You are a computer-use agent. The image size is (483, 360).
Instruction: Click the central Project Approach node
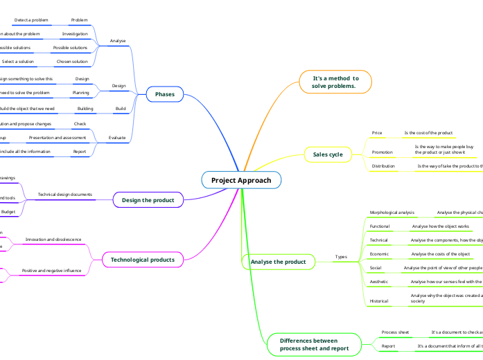241,180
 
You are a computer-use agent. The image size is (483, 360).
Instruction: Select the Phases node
165,94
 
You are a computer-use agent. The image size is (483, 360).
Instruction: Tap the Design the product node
148,200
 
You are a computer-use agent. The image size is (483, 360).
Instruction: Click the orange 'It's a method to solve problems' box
335,82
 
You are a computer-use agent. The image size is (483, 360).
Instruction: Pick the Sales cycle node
328,154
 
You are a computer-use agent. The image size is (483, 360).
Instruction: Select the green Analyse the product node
278,262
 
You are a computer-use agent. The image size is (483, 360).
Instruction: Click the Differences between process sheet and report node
314,345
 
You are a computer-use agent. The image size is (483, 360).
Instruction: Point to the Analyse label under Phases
118,41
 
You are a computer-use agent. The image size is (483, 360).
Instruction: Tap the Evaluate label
118,138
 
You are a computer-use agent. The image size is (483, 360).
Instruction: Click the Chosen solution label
72,62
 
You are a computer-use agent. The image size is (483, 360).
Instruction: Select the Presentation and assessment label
58,138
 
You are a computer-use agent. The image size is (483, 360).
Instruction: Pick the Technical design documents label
65,195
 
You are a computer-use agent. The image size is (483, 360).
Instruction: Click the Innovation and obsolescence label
53,240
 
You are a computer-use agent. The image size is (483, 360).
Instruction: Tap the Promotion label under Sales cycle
383,152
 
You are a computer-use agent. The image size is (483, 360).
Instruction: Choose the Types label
341,257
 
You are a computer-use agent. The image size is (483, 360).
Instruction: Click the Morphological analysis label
392,213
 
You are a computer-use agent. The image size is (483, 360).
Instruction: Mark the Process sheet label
396,332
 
